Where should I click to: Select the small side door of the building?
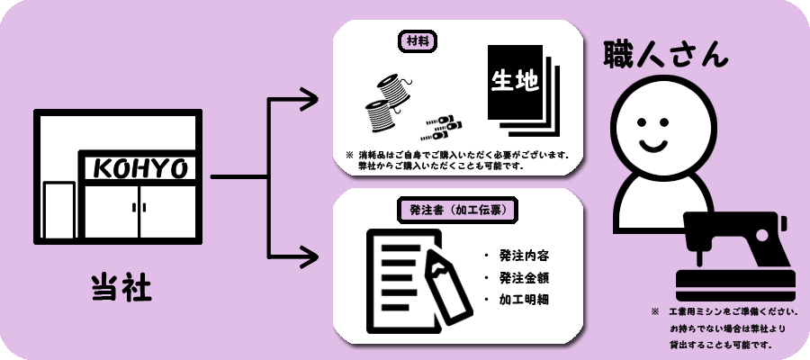tap(59, 209)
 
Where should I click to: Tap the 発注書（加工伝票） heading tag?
tap(456, 211)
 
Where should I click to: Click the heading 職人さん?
tap(665, 52)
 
